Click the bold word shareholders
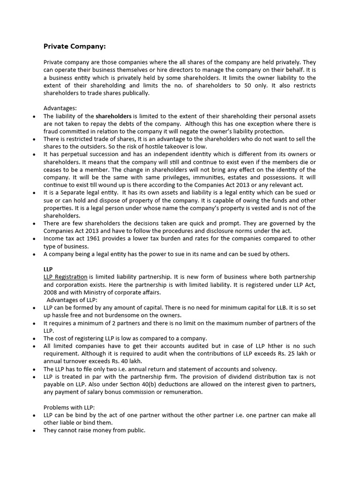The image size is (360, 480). pyautogui.click(x=114, y=116)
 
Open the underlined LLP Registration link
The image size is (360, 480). pyautogui.click(x=65, y=277)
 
